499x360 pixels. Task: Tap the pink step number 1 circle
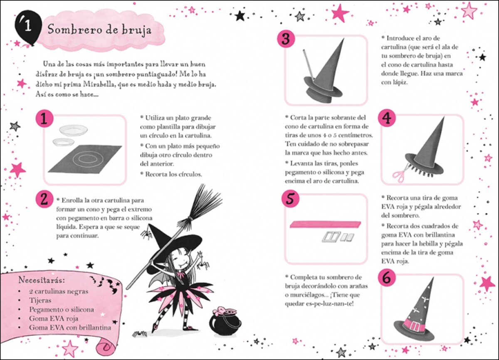pyautogui.click(x=44, y=119)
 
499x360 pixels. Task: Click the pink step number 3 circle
pyautogui.click(x=286, y=39)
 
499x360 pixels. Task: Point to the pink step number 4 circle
pyautogui.click(x=387, y=119)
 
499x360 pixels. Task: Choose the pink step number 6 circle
pyautogui.click(x=387, y=279)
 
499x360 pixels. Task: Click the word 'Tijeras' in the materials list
pyautogui.click(x=40, y=300)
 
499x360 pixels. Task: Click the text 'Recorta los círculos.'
pyautogui.click(x=173, y=174)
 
